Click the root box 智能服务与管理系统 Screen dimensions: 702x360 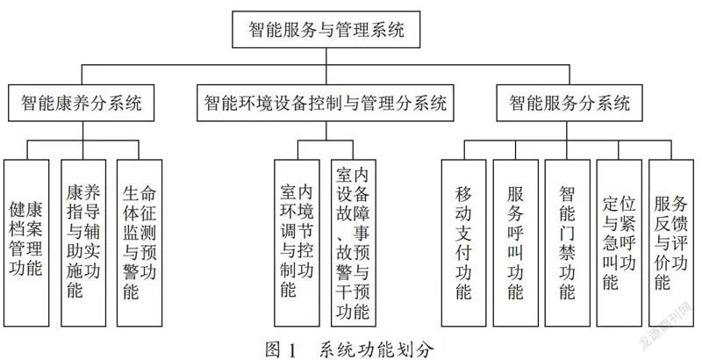tap(326, 30)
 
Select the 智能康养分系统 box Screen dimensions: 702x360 tap(81, 103)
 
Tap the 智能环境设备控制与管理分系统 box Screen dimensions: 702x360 tap(326, 103)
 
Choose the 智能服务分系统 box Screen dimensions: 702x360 tap(569, 103)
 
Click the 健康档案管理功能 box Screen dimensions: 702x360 tap(26, 243)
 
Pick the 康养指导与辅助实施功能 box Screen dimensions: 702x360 tap(83, 243)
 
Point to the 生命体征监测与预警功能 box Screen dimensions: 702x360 tap(140, 243)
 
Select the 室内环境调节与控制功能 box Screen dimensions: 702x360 tap(297, 243)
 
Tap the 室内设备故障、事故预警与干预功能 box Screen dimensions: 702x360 tap(354, 243)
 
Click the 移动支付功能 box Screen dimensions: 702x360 tap(464, 243)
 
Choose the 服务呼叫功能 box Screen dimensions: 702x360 tap(516, 243)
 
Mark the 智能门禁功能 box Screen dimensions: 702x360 tap(567, 243)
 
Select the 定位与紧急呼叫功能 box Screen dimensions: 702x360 tap(620, 243)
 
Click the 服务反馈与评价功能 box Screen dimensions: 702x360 tap(671, 243)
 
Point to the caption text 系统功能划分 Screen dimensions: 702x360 tap(376, 349)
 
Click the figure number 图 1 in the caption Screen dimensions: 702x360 tap(280, 349)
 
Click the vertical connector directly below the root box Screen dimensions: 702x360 tap(326, 56)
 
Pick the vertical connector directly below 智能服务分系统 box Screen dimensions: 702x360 tap(567, 131)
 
